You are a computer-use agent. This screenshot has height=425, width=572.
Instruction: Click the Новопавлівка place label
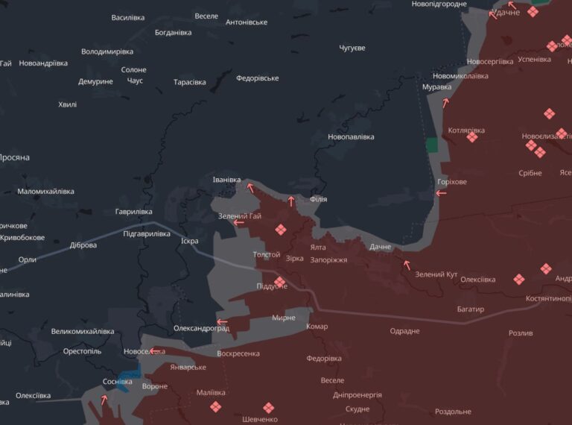tap(351, 137)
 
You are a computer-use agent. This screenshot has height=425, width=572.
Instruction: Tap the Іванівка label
tap(226, 180)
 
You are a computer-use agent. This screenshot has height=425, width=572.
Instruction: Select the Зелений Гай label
tap(240, 216)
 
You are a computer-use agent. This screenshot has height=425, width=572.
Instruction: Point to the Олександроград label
tap(201, 328)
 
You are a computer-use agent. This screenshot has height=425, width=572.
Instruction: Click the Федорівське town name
tap(257, 78)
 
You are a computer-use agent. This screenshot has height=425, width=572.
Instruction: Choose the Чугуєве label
tap(352, 48)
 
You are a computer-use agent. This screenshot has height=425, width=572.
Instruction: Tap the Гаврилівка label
tap(133, 212)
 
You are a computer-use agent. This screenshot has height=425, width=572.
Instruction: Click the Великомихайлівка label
tap(83, 331)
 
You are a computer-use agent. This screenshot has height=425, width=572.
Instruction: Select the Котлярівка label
tap(466, 130)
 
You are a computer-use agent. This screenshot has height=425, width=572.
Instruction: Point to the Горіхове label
tap(453, 182)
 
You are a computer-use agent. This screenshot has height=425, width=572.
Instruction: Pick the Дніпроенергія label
tap(357, 394)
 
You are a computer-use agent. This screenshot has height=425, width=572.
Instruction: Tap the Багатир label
tap(471, 309)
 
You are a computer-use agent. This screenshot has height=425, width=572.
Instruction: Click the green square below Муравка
tap(432, 145)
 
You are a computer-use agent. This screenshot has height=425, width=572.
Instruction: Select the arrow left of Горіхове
tap(441, 193)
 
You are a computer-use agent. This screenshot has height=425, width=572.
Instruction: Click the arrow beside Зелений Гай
tap(239, 222)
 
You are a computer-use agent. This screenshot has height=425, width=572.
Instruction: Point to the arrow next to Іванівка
tap(250, 187)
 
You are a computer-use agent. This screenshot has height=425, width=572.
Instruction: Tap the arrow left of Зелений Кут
tap(407, 263)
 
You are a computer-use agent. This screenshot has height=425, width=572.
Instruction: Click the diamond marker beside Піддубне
tap(279, 282)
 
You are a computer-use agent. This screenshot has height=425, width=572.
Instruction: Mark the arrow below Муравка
tap(446, 103)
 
